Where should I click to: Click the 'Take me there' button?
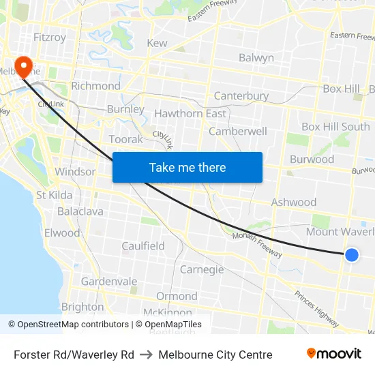(187, 167)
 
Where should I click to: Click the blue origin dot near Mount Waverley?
(351, 255)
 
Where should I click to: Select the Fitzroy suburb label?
(50, 37)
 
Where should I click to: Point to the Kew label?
(157, 43)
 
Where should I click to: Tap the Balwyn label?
(256, 58)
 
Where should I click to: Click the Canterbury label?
(241, 96)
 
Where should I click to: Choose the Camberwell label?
(238, 131)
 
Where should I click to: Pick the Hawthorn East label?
(190, 114)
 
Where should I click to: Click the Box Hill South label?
(335, 127)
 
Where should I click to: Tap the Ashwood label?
(294, 202)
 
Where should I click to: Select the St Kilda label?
(55, 196)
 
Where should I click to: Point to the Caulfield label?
(143, 246)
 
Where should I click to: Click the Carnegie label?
(202, 270)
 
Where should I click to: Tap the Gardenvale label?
(109, 282)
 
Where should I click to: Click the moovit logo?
(334, 354)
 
